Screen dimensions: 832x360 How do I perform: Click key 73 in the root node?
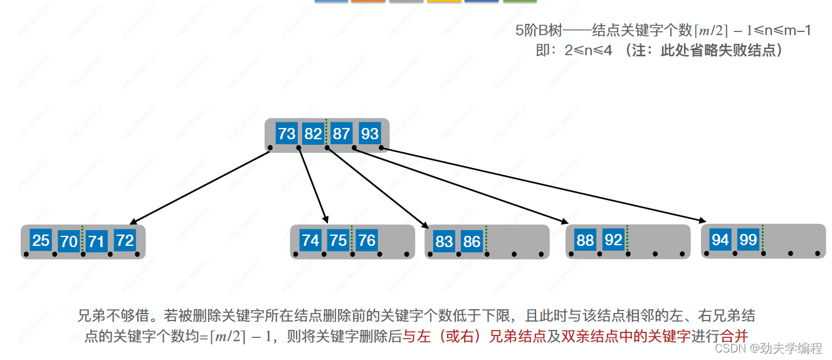pyautogui.click(x=287, y=134)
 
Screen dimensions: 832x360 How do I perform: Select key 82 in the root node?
pyautogui.click(x=313, y=134)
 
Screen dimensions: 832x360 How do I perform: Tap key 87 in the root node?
pyautogui.click(x=342, y=134)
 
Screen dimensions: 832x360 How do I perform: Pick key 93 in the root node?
pyautogui.click(x=370, y=134)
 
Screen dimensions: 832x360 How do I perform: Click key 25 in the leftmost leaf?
pyautogui.click(x=41, y=240)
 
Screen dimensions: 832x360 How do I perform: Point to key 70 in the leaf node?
pyautogui.click(x=69, y=241)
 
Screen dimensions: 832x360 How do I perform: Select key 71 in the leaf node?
pyautogui.click(x=97, y=241)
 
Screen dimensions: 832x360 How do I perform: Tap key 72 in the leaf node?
pyautogui.click(x=125, y=240)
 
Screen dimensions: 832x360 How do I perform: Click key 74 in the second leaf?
pyautogui.click(x=310, y=240)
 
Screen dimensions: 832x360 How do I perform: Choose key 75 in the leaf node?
pyautogui.click(x=339, y=240)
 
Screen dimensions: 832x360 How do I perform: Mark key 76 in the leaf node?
pyautogui.click(x=367, y=240)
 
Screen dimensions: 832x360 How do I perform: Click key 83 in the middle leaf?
pyautogui.click(x=444, y=241)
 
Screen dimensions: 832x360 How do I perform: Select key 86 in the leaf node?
pyautogui.click(x=471, y=241)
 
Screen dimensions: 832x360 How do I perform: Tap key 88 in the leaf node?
pyautogui.click(x=585, y=240)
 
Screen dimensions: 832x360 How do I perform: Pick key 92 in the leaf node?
pyautogui.click(x=613, y=240)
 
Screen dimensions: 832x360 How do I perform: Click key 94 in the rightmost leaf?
pyautogui.click(x=720, y=239)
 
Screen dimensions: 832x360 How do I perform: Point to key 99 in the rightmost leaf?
pyautogui.click(x=748, y=239)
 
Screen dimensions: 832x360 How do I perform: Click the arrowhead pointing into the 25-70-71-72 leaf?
pyautogui.click(x=132, y=222)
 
